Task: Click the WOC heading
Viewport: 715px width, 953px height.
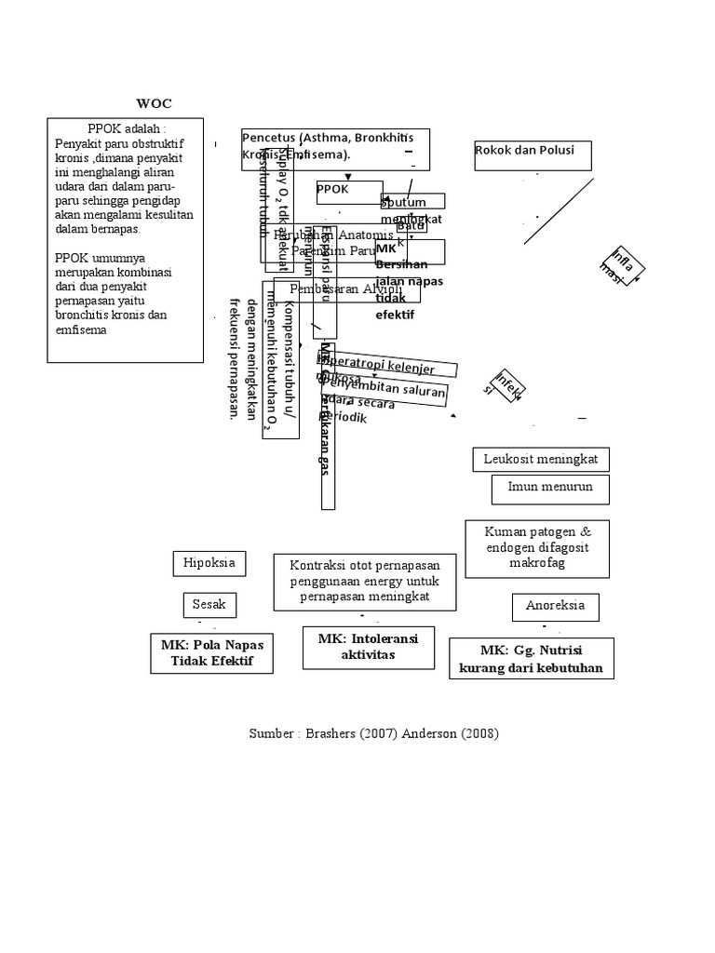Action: point(155,102)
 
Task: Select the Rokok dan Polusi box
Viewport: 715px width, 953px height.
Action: point(532,154)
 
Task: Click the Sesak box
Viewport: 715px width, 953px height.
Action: point(209,605)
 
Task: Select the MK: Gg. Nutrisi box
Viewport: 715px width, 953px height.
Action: point(531,659)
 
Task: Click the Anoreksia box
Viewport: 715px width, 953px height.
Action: point(555,607)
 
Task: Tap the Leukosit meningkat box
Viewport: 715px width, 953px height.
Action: point(541,460)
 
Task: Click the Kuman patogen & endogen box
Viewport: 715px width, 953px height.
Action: point(537,547)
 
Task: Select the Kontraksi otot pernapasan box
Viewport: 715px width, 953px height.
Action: point(365,582)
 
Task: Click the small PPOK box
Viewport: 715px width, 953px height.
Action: point(349,192)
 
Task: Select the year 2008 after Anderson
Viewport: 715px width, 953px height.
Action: point(478,733)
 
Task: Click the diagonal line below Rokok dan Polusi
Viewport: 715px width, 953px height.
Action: point(559,211)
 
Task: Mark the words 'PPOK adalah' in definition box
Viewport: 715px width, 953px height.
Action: point(126,128)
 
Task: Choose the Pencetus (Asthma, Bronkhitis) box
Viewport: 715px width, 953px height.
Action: point(335,149)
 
